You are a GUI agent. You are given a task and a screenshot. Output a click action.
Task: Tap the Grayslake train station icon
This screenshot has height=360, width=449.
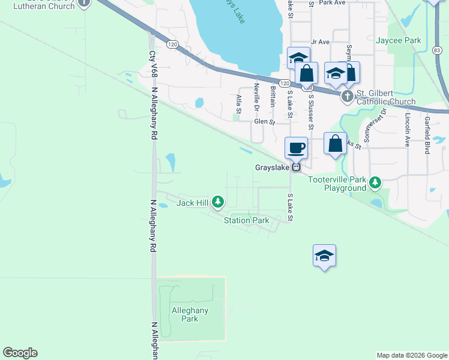(296, 167)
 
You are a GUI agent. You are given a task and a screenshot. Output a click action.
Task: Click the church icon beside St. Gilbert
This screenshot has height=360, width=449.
(347, 96)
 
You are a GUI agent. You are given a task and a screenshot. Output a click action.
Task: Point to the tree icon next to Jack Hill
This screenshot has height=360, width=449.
(219, 202)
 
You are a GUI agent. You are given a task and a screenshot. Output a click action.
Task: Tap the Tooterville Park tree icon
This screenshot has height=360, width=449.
(375, 182)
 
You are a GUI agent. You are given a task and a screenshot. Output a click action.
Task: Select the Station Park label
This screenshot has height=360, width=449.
(247, 220)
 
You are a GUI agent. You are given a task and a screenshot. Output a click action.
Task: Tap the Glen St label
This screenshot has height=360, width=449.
(264, 121)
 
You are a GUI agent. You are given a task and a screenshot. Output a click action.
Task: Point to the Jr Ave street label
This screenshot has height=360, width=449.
(320, 42)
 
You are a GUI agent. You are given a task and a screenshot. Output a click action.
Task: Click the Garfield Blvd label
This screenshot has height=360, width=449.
(427, 135)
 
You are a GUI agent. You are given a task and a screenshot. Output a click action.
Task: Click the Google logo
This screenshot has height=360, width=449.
(20, 353)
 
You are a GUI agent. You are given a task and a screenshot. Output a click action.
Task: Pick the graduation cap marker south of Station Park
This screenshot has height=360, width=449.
(324, 256)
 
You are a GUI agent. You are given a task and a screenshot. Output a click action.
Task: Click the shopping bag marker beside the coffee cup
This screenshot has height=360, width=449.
(336, 144)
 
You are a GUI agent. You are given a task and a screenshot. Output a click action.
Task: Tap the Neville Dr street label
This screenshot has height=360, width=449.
(256, 97)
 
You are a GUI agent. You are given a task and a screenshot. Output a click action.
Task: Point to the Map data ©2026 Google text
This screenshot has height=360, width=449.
(411, 355)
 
